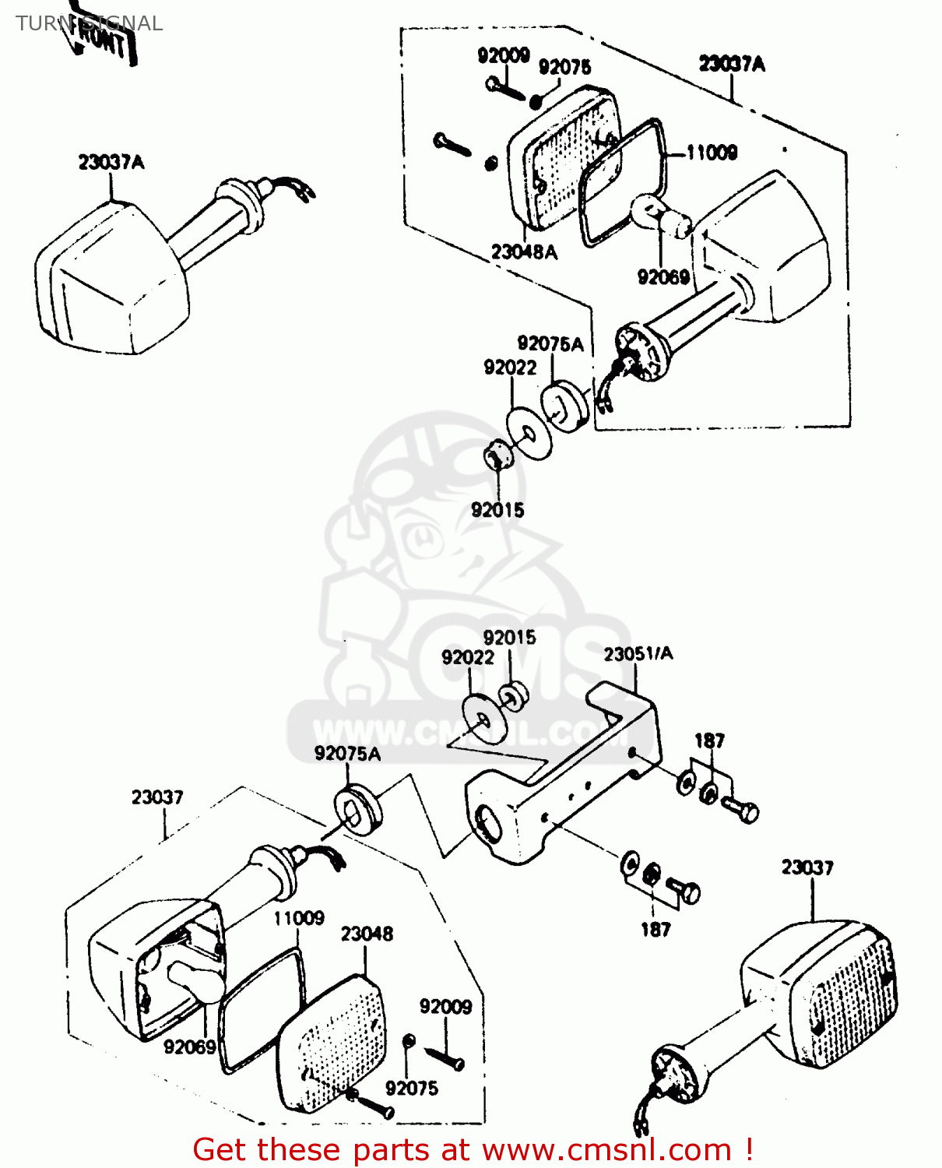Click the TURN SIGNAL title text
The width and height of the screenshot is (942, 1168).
coord(89,23)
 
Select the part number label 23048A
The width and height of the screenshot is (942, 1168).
coord(524,252)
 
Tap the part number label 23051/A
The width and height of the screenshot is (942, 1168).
coord(638,653)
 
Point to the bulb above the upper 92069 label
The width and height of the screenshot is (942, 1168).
coord(662,216)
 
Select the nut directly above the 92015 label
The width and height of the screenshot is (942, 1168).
coord(496,456)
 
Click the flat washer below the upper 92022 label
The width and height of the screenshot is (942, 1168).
coord(529,432)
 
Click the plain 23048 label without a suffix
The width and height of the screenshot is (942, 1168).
coord(367,933)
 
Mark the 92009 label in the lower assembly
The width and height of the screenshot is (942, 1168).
coord(445,1006)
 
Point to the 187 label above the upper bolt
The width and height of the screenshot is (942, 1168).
coord(709,741)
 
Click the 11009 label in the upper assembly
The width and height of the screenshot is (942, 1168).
coord(711,152)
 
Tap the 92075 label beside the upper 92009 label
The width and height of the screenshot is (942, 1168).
coord(564,67)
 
